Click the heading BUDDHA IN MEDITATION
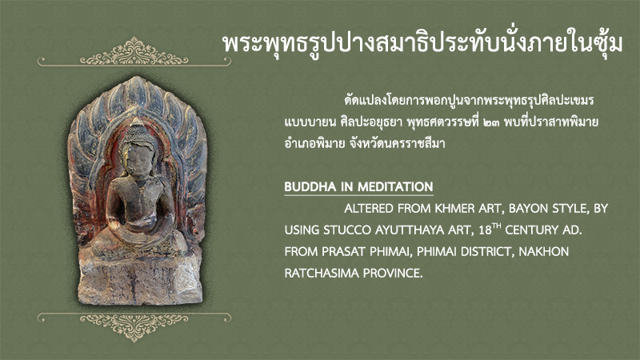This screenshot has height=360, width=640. coord(358,187)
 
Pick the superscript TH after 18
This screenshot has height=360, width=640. coord(497,226)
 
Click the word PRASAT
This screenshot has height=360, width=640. coord(344,252)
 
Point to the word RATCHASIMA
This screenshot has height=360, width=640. coord(322,273)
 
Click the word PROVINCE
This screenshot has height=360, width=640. coord(393,273)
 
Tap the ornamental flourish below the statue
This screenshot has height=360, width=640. coord(134,326)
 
